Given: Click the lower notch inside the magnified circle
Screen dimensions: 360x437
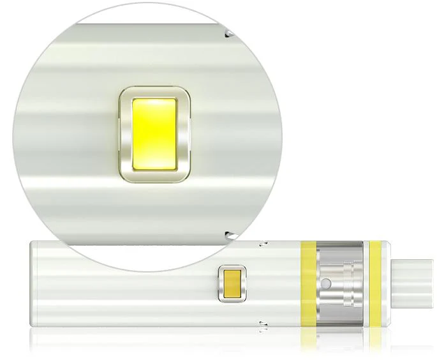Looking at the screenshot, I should [x=228, y=234].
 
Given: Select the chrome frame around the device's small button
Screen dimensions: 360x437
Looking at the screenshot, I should [x=222, y=283].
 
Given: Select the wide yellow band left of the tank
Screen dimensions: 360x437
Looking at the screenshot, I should [x=308, y=285].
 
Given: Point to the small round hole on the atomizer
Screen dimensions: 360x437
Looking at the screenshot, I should [x=327, y=281].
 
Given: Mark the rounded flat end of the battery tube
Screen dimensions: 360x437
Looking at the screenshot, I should [x=33, y=285].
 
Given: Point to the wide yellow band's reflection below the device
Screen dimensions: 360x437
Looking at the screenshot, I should [x=308, y=338].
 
